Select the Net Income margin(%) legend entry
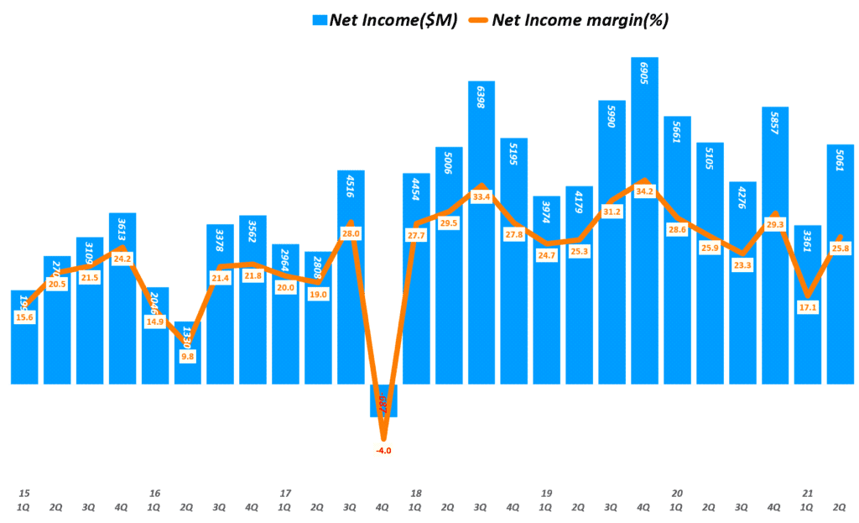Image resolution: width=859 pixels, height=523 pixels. point(580,20)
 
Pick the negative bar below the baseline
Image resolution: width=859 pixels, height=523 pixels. point(383,400)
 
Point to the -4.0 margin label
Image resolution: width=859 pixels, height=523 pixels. point(383,451)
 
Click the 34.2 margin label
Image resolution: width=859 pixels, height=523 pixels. point(644,191)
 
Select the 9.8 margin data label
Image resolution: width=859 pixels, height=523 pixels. point(188,356)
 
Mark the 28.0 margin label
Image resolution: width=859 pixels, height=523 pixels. point(351,233)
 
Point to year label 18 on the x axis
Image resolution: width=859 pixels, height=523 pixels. point(415,493)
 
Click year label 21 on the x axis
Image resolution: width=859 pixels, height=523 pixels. point(808,493)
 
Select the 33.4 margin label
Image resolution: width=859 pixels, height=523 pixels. point(482,197)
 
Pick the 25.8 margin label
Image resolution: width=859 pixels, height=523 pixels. point(841,248)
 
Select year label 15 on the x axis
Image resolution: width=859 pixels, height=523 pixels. point(24,493)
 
